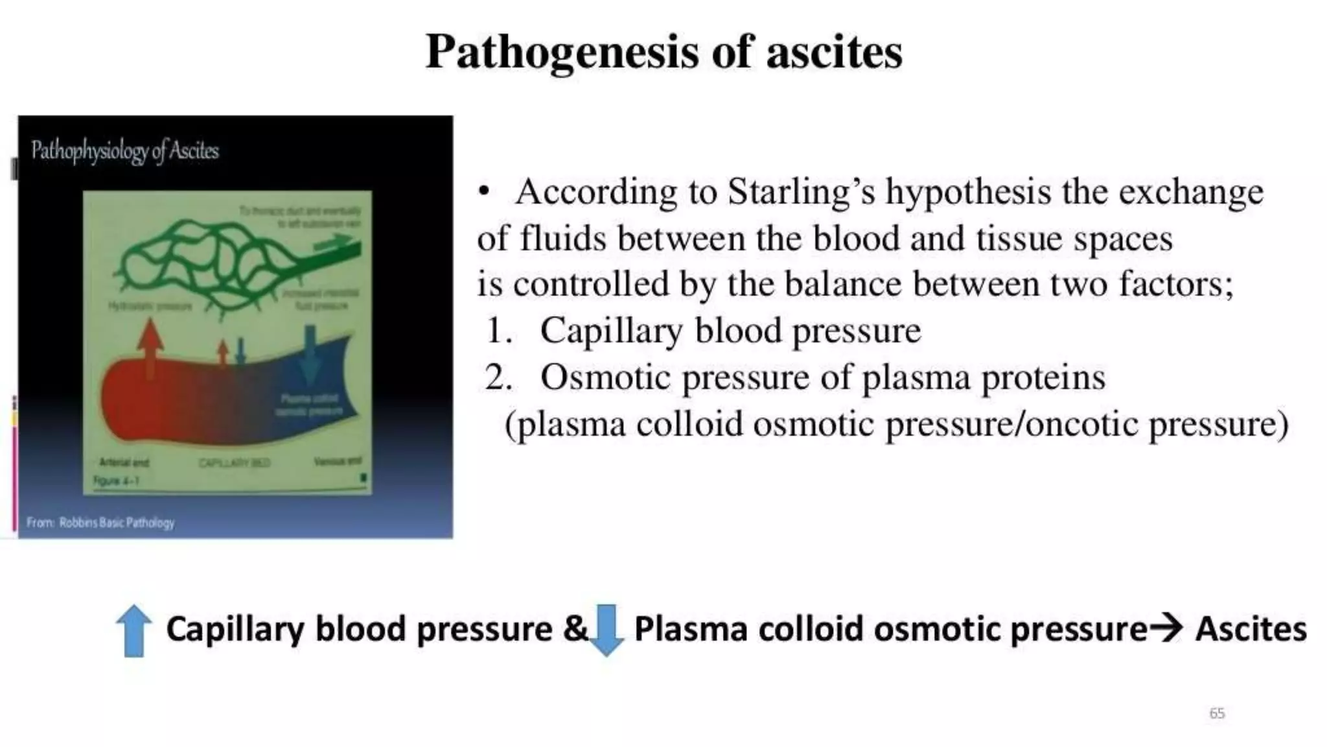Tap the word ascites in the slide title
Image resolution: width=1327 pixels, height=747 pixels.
834,52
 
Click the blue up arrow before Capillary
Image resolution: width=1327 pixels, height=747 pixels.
134,630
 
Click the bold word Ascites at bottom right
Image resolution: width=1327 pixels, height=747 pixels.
1251,629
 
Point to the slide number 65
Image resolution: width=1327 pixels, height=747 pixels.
1217,713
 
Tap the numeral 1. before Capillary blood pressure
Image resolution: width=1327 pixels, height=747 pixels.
499,331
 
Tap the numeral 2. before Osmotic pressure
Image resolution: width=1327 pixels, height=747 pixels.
499,377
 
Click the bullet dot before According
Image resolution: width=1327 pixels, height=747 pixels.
483,193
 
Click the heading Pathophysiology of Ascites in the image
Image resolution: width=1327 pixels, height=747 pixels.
125,150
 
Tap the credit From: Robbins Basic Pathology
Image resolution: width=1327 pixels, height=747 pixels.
100,522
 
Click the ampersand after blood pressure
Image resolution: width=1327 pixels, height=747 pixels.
575,629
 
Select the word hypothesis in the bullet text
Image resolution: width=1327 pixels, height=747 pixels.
968,193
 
